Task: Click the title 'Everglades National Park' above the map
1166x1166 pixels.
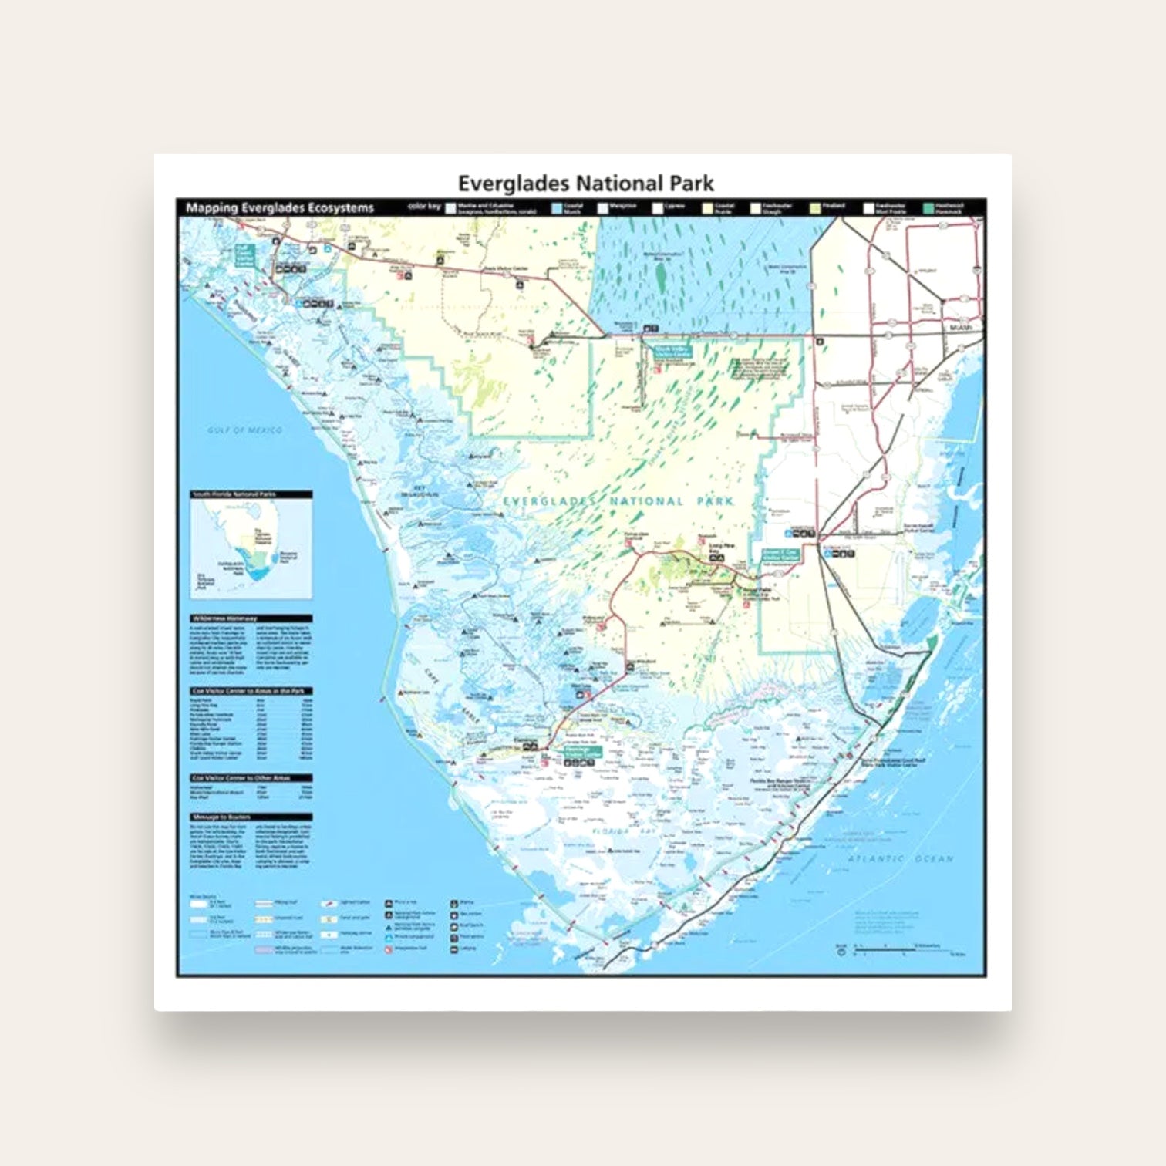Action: pos(585,184)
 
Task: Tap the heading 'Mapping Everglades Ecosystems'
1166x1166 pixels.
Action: pos(280,207)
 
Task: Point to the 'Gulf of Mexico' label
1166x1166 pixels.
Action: pos(244,430)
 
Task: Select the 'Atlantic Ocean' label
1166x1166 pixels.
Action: pos(900,858)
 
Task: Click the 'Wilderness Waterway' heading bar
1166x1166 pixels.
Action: pos(251,618)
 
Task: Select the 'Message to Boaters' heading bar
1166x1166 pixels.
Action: pos(251,817)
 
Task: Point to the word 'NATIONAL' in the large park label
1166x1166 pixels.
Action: pos(646,501)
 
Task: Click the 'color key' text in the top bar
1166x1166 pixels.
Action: pos(423,207)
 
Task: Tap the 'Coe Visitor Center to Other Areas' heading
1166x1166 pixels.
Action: pos(251,777)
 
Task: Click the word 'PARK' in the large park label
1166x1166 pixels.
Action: pos(715,501)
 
